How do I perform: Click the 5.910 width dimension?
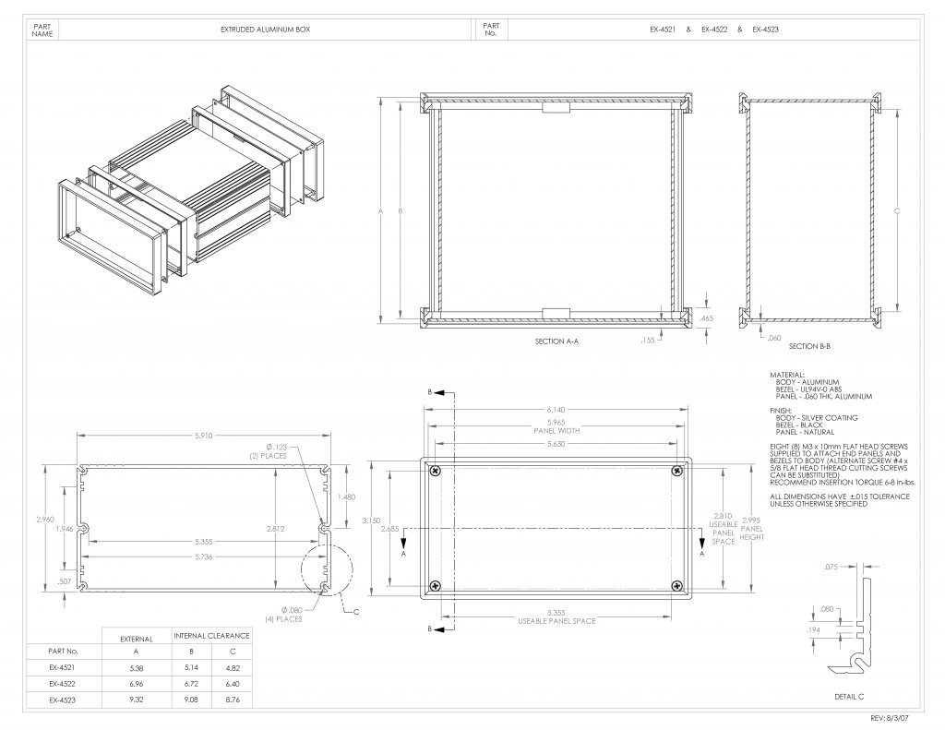(203, 436)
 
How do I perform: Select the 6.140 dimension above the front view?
(556, 410)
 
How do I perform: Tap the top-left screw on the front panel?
(436, 470)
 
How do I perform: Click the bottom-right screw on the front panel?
(677, 585)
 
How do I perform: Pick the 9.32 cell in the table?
(137, 700)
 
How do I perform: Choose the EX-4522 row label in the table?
(63, 684)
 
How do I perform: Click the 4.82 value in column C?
(232, 668)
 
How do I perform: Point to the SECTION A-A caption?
(556, 341)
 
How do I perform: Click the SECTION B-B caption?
(809, 347)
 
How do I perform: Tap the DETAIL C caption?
(849, 696)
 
